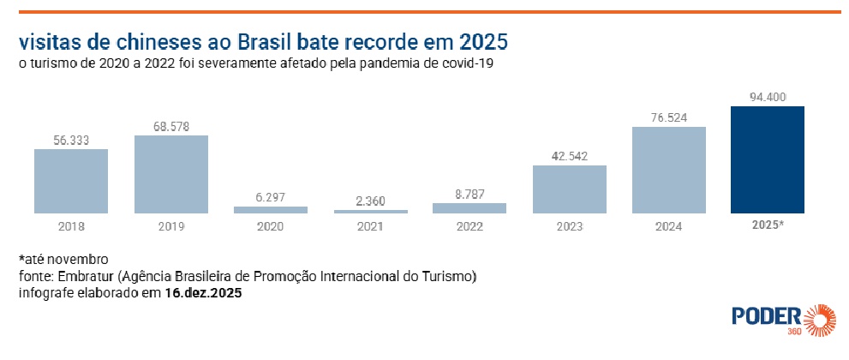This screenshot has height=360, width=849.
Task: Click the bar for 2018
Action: coord(71,181)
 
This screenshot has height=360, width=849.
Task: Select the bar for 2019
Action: coord(170,174)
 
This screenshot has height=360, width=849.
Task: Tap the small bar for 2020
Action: coord(271,209)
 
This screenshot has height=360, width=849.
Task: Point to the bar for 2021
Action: coord(369,211)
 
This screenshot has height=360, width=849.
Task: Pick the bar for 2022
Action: coord(469,207)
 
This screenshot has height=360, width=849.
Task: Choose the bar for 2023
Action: coord(569,189)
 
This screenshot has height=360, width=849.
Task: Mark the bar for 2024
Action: coord(668,170)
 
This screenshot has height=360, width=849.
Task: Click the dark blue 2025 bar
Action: coord(768,159)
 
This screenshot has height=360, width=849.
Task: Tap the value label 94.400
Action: coord(768,97)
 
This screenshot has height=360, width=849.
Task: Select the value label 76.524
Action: coord(668,117)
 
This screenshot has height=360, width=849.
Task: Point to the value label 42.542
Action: coord(569,156)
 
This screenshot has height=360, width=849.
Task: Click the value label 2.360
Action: coord(369,201)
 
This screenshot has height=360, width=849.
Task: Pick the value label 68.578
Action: coord(170,126)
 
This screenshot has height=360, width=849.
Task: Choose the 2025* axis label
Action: coord(768,226)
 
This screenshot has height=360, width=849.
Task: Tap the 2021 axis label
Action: coord(369,226)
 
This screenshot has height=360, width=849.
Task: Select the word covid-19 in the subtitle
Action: coord(468,63)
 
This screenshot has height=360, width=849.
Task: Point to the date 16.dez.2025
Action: coord(203,293)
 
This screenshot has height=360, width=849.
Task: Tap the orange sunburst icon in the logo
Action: coord(820,319)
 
